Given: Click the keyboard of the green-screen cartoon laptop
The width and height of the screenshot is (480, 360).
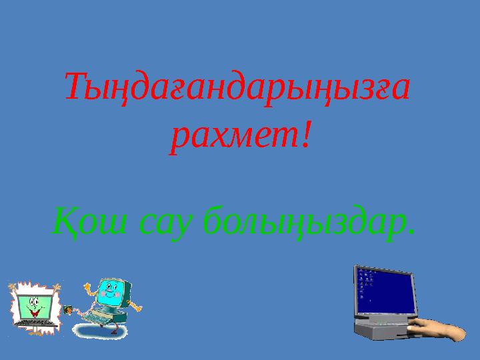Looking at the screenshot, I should click(33, 325).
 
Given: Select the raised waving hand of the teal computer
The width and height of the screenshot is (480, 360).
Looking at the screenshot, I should click(88, 286).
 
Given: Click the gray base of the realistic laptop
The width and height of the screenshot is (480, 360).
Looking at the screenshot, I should click(380, 329).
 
